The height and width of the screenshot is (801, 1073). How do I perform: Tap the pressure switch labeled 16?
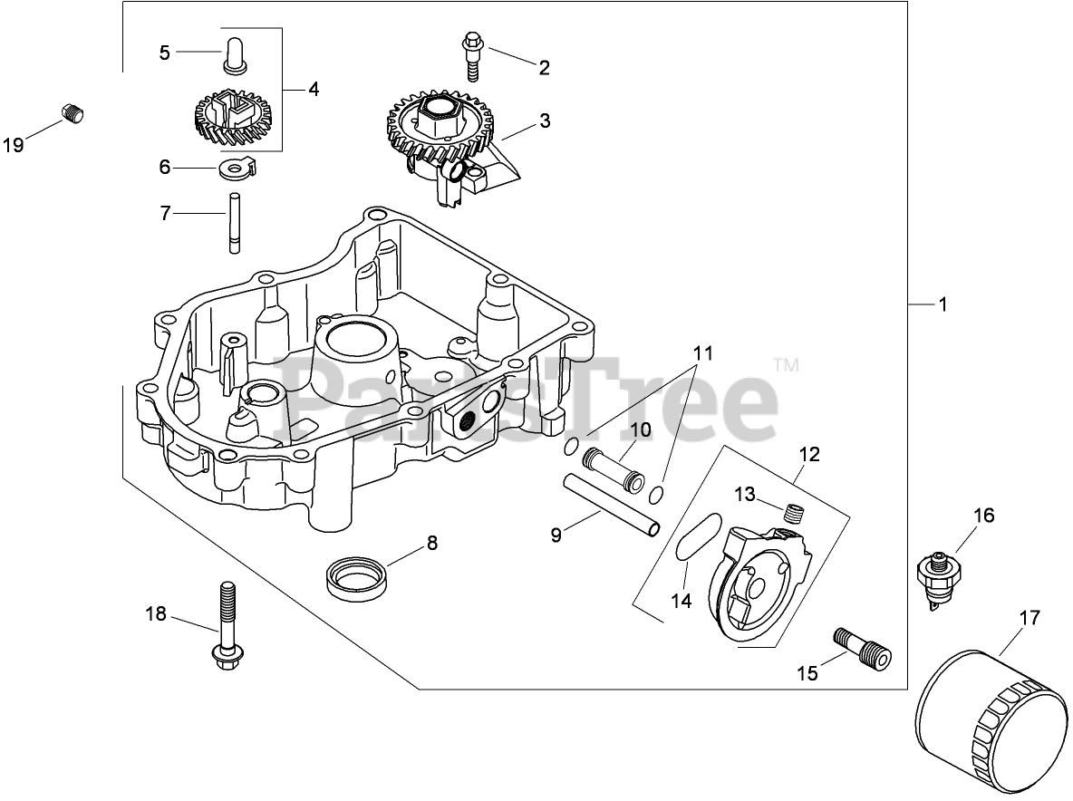pyautogui.click(x=939, y=574)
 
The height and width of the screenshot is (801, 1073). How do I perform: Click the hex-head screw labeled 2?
pyautogui.click(x=472, y=53)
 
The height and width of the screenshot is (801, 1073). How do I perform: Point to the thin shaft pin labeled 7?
pyautogui.click(x=234, y=222)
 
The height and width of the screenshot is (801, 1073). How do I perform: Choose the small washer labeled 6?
pyautogui.click(x=235, y=169)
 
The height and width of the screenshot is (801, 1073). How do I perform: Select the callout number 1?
pyautogui.click(x=942, y=305)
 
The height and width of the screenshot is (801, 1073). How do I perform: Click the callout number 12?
pyautogui.click(x=809, y=454)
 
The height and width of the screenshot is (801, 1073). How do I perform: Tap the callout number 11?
pyautogui.click(x=703, y=353)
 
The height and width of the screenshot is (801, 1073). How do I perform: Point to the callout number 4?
pyautogui.click(x=313, y=90)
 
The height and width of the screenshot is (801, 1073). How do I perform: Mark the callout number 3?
pyautogui.click(x=545, y=121)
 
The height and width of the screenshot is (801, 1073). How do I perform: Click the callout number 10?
pyautogui.click(x=641, y=429)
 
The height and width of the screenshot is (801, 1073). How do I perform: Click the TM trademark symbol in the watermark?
pyautogui.click(x=786, y=366)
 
